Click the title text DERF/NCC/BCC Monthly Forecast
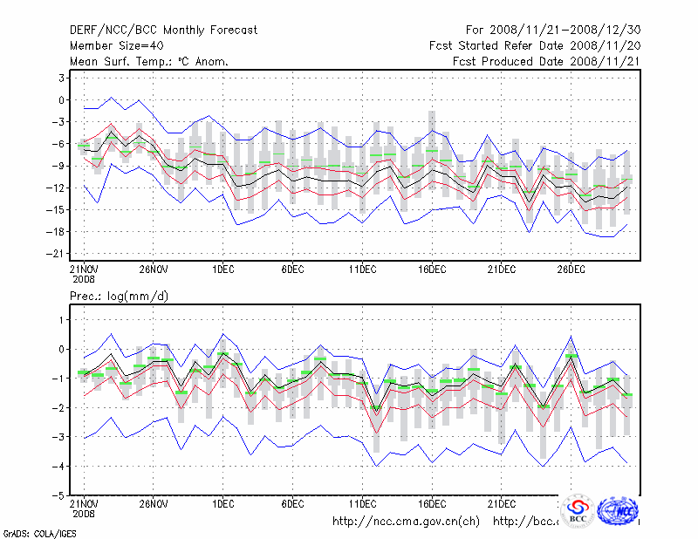point(163,31)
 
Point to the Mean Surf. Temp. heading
point(149,62)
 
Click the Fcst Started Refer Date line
point(534,46)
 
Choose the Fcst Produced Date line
point(546,62)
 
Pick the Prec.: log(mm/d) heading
point(120,297)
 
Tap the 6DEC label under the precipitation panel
point(292,504)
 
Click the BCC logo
point(578,512)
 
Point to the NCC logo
point(620,510)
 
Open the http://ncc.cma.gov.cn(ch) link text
point(406,522)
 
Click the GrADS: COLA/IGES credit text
point(39,533)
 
